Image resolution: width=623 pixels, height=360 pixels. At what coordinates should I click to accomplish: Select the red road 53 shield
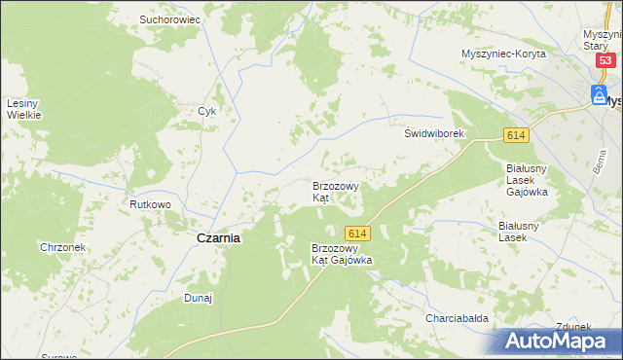click(x=605, y=60)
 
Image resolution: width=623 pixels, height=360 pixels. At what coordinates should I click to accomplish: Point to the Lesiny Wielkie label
click(x=23, y=109)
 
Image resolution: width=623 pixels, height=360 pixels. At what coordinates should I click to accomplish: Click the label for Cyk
click(x=206, y=111)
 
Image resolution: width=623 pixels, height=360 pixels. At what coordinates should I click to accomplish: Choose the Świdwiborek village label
click(x=437, y=133)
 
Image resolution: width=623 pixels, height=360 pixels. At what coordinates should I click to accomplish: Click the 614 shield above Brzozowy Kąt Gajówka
click(x=357, y=234)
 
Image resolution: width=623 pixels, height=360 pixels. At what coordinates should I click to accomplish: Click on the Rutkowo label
click(x=151, y=205)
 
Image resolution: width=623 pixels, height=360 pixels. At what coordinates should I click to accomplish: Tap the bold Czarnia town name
click(x=219, y=237)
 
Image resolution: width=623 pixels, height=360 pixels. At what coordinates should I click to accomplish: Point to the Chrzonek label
click(x=63, y=247)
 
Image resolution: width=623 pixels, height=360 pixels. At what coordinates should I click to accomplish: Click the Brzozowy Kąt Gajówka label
click(x=342, y=254)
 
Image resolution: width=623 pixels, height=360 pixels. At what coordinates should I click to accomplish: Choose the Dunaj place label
click(x=199, y=299)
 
